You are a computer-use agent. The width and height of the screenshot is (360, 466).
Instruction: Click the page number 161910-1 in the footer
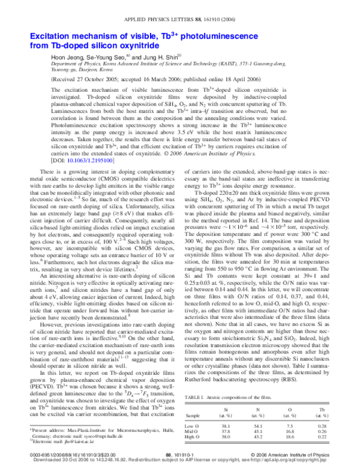tap(178, 455)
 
